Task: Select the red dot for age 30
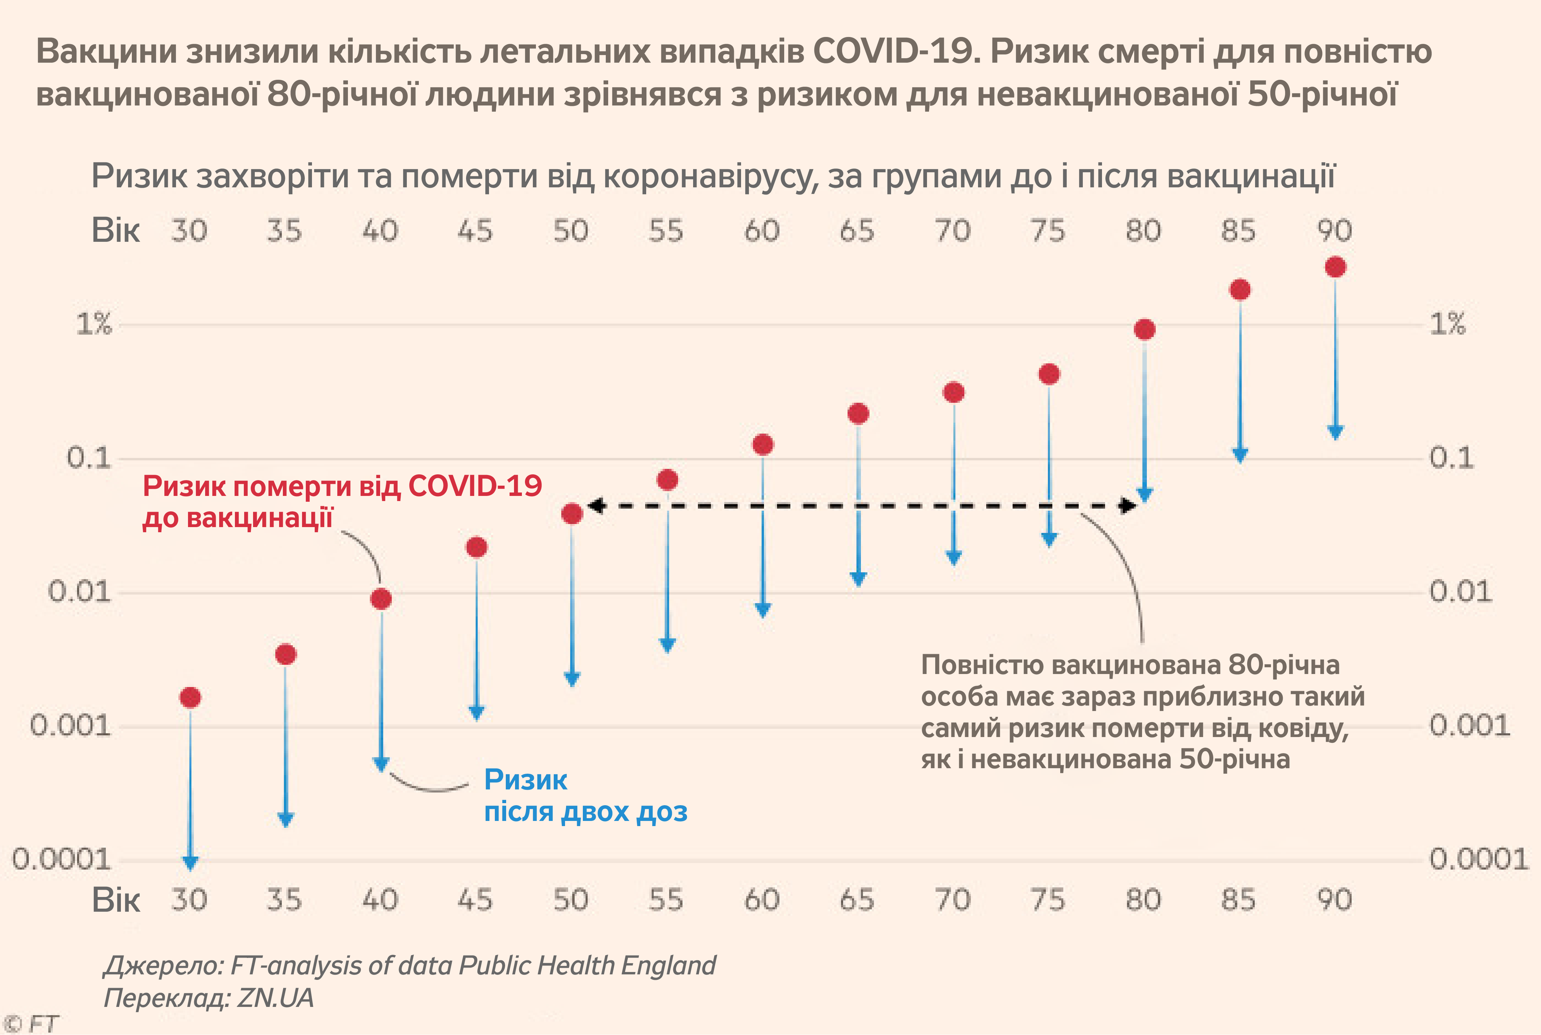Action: click(x=190, y=697)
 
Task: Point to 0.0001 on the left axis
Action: click(x=61, y=859)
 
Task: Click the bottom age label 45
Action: click(x=475, y=900)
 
